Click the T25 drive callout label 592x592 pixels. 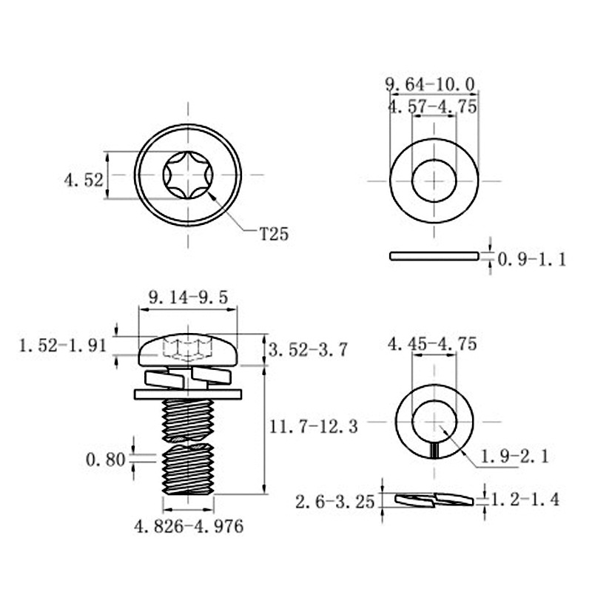(x=274, y=234)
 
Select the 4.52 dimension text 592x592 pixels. (x=84, y=180)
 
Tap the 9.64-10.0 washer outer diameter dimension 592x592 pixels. (x=430, y=84)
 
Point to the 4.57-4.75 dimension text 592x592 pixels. (x=433, y=107)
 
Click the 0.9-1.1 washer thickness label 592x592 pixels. (x=532, y=260)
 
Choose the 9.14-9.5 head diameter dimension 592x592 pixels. (x=189, y=297)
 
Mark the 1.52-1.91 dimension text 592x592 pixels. (x=63, y=346)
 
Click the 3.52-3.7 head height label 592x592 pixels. (x=308, y=350)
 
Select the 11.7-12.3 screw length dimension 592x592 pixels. (x=313, y=427)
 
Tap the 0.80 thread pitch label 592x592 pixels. (x=105, y=460)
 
